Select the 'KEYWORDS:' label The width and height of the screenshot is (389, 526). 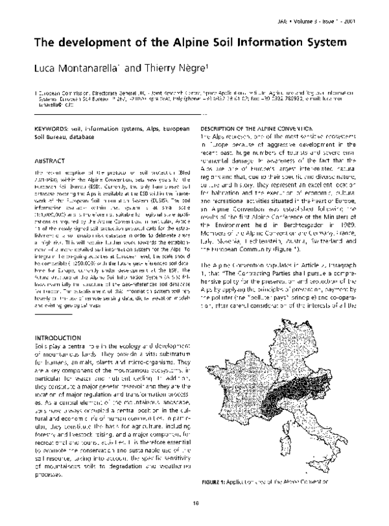53,130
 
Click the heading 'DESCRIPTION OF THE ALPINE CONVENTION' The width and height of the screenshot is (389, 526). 253,130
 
